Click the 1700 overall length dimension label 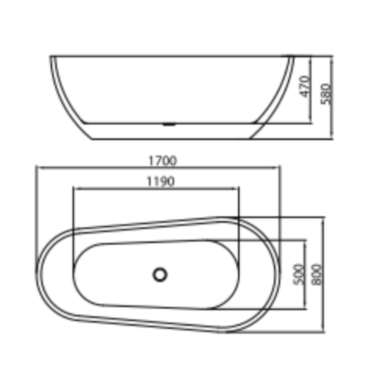pos(162,161)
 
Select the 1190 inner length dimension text pos(161,182)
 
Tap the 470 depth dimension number pos(305,87)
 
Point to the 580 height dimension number pos(326,94)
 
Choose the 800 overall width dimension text pos(316,274)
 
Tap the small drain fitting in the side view pos(168,124)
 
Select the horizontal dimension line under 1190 pos(114,188)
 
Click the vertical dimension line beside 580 pos(332,114)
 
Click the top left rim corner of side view pos(51,57)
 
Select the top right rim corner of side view pos(293,57)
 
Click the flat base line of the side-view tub pos(171,139)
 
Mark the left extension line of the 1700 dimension pos(36,212)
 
